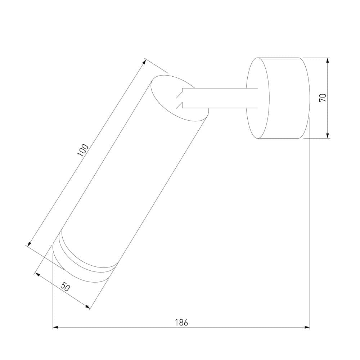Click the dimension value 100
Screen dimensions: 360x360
pyautogui.click(x=83, y=150)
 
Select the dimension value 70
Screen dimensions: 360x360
pyautogui.click(x=323, y=98)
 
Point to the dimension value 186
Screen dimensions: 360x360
pyautogui.click(x=181, y=322)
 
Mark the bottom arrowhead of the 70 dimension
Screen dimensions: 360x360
pyautogui.click(x=328, y=136)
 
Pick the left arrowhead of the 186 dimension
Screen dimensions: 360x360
pyautogui.click(x=55, y=327)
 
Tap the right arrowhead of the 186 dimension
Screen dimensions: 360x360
pyautogui.click(x=307, y=327)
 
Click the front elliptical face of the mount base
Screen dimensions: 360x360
pyautogui.click(x=257, y=98)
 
